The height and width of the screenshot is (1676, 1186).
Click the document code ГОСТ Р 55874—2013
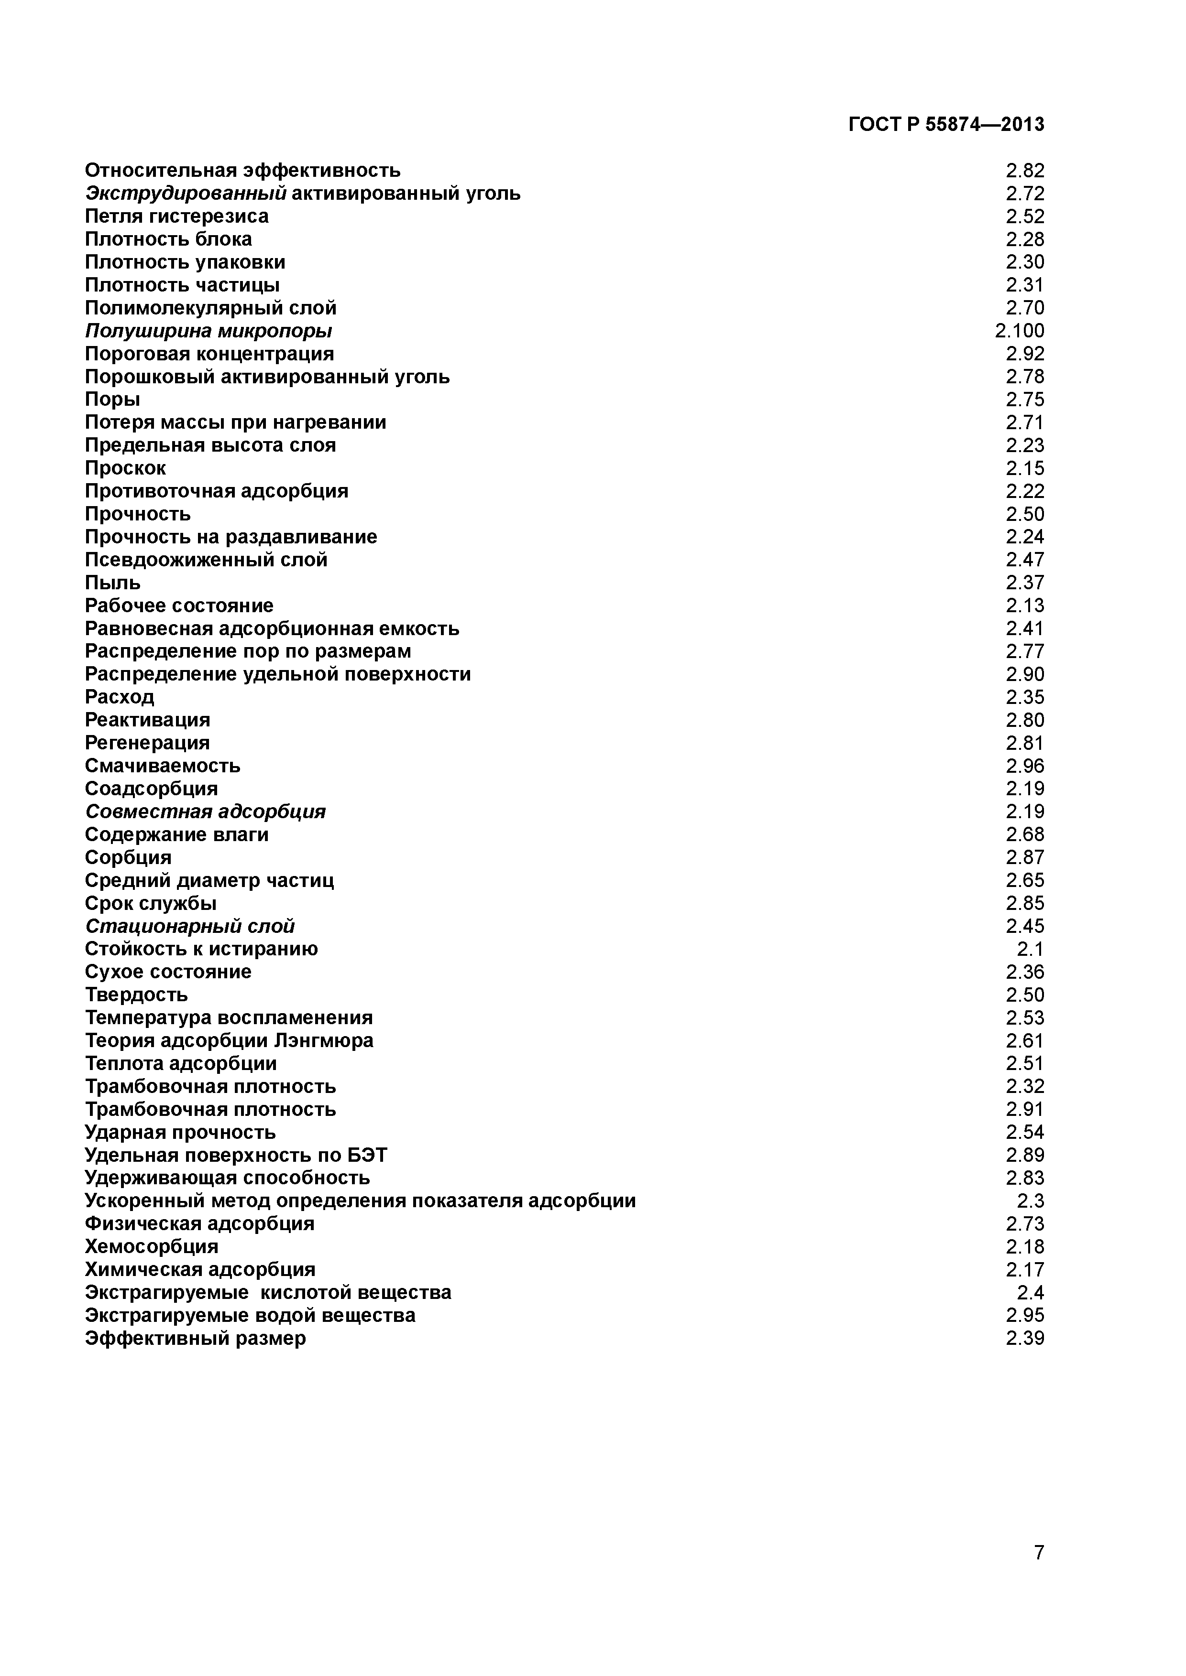tap(946, 125)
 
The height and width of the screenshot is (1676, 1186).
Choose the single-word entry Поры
tap(112, 400)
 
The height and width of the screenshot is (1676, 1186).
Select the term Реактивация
tap(147, 720)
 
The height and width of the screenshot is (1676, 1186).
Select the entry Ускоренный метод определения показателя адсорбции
tap(360, 1201)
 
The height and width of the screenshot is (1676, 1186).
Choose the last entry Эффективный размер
tap(195, 1338)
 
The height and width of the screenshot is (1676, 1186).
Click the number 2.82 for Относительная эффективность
tap(1025, 170)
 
